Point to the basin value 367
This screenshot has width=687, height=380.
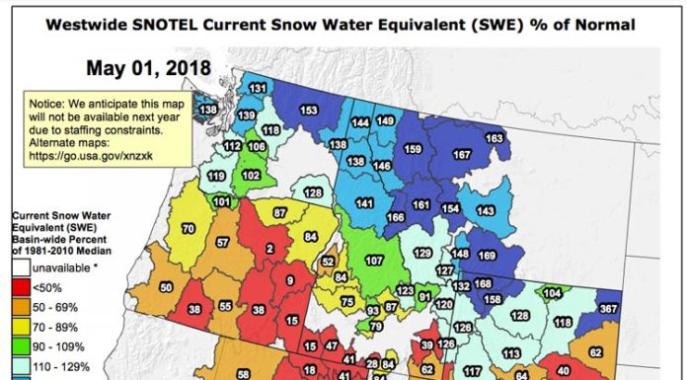click(x=608, y=309)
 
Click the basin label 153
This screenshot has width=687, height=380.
click(x=308, y=110)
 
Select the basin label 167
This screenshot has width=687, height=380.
click(x=461, y=155)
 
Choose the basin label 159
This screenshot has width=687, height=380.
click(x=413, y=148)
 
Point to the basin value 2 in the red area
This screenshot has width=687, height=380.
click(x=268, y=249)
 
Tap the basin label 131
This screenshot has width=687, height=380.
click(x=258, y=89)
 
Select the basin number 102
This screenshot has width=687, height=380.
click(x=251, y=175)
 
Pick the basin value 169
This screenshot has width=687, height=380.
click(x=487, y=256)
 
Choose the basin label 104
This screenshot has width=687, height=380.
click(x=552, y=293)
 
